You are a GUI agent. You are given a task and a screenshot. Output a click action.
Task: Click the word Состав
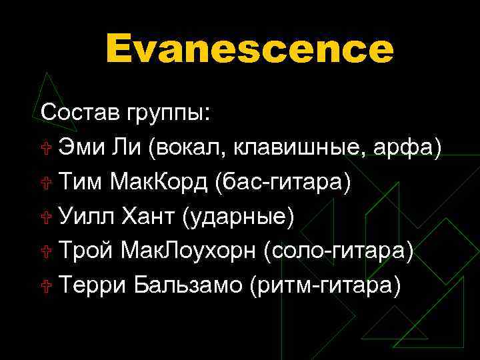80,112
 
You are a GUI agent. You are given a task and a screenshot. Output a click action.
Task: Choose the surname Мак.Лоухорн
189,251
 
